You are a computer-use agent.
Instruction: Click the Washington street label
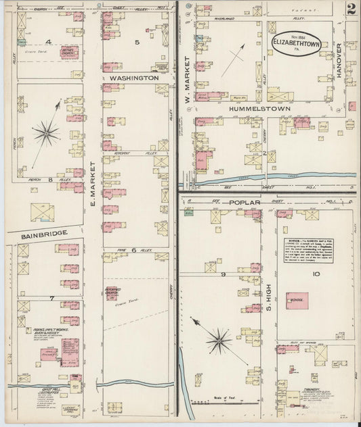coord(133,78)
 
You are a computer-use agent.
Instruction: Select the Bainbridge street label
coord(37,233)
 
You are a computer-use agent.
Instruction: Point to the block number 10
coord(316,274)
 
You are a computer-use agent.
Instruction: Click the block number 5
coord(136,42)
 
